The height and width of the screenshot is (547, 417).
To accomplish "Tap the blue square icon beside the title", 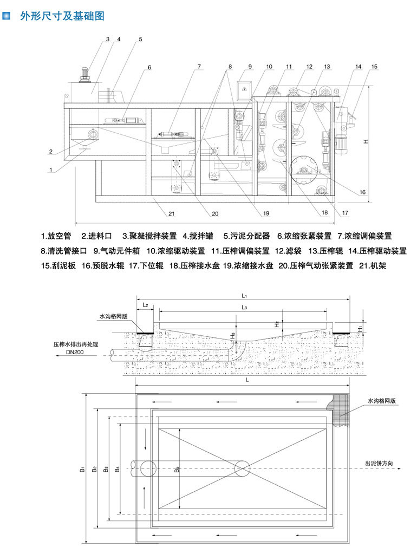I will click(7, 16).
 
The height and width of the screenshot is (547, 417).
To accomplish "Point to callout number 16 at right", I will click(362, 192).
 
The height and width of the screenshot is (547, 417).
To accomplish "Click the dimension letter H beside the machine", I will click(366, 142).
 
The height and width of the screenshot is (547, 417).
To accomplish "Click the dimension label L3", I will click(244, 308).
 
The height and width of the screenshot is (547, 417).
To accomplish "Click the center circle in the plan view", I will click(242, 467).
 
